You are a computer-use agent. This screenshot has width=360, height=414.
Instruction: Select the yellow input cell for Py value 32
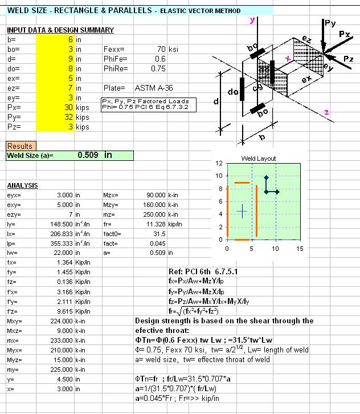point(54,117)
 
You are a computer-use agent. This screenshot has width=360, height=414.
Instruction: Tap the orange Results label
point(20,147)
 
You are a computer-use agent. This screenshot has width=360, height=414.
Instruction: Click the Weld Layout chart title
point(258,159)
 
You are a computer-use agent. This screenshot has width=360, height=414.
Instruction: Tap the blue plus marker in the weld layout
point(242,212)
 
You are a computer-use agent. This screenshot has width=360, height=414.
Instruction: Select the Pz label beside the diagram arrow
point(349,59)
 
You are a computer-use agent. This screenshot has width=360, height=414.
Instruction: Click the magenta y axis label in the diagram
point(252,21)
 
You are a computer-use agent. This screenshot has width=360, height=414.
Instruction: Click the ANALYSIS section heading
point(22,186)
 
